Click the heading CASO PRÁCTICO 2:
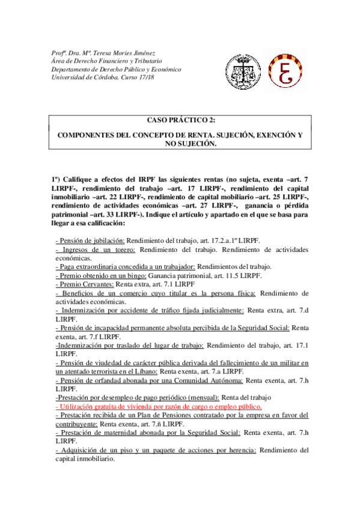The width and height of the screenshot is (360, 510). click(180, 121)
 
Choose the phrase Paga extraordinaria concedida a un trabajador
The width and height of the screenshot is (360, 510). click(127, 266)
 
